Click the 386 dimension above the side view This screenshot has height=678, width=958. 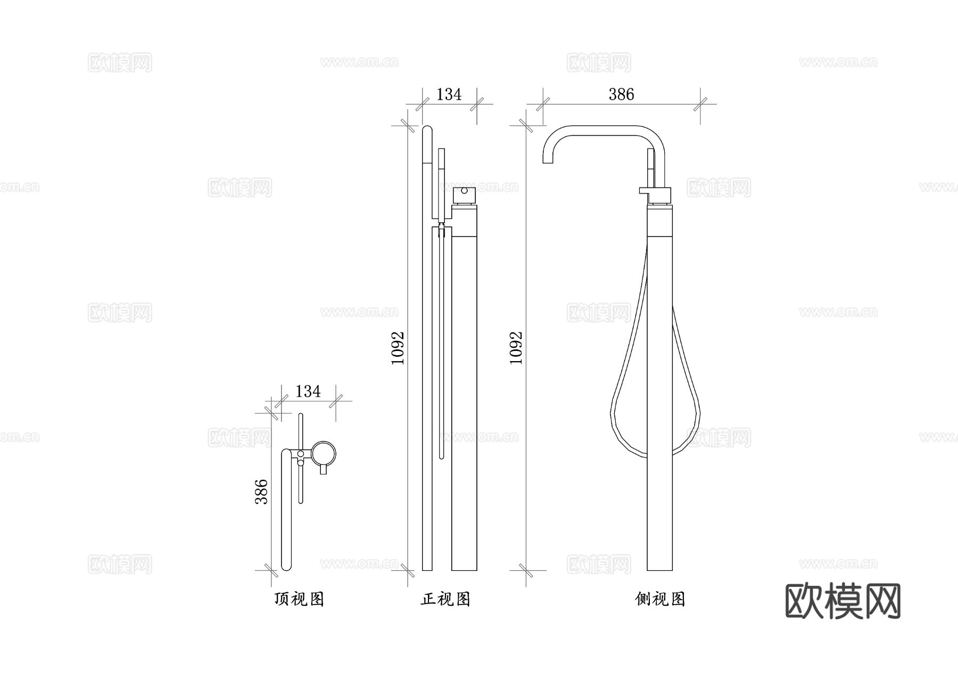coord(621,94)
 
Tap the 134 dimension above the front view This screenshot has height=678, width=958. coord(449,94)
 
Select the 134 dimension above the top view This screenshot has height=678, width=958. coord(308,391)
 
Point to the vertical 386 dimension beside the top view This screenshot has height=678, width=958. coord(261,491)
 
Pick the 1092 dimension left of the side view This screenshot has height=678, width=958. coord(516,348)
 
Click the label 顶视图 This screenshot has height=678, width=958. coord(299,599)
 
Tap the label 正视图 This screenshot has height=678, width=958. coord(445,599)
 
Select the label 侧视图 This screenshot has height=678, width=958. coord(660,599)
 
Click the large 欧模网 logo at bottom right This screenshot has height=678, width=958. coord(843,601)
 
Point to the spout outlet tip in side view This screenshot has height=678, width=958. coord(548,161)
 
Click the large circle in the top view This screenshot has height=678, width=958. coord(324,453)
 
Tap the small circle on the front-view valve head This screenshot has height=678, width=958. coord(464,191)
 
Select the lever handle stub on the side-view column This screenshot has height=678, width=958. coord(644,191)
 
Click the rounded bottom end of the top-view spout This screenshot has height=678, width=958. coord(286,567)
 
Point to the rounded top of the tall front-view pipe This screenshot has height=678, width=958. coord(427,129)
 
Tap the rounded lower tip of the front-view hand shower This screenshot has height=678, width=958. coord(442,455)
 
